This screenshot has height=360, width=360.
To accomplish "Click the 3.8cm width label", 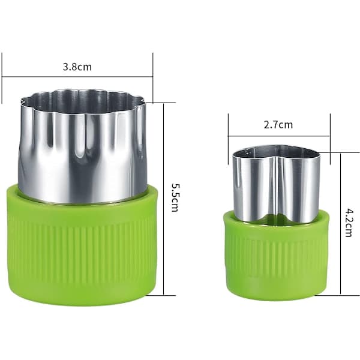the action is [x=77, y=67].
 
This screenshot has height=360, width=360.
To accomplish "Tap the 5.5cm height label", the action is [x=175, y=197].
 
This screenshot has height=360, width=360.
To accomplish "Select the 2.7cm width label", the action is [x=278, y=125].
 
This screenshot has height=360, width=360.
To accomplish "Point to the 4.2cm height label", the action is [x=349, y=223].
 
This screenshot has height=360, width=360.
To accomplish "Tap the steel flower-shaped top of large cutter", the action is [x=82, y=147].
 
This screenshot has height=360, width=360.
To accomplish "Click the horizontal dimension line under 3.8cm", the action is [x=77, y=77].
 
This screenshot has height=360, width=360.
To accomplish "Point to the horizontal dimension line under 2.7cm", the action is [x=278, y=136].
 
